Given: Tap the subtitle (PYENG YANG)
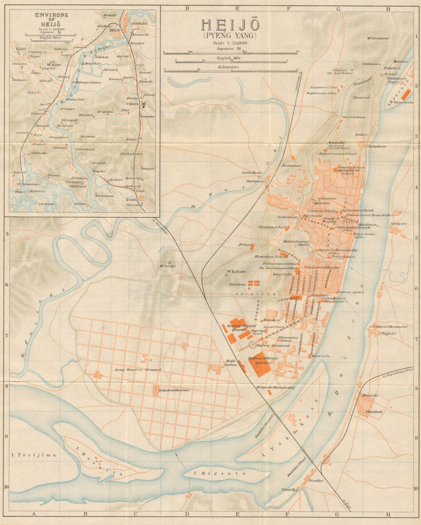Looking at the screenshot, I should coord(230,36).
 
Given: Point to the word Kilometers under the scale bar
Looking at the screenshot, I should coord(229,67).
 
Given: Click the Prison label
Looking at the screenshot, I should coord(245,244).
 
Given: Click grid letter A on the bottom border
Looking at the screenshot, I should coord(33,514).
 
